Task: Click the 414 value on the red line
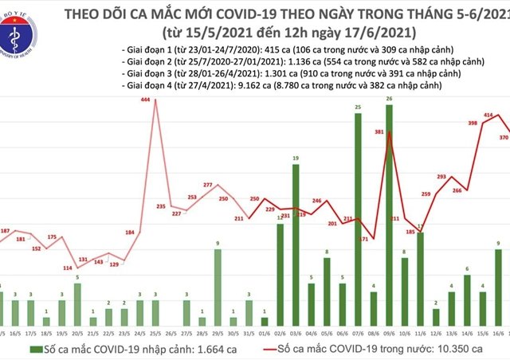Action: coord(488,116)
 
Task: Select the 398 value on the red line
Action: coord(473,123)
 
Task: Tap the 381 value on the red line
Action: coord(382,134)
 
